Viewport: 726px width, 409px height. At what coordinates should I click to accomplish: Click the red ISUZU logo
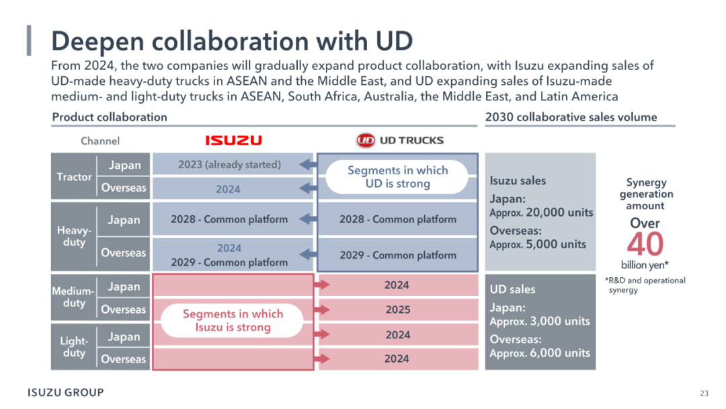coord(233,141)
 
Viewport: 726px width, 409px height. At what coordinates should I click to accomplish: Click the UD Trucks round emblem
coord(365,141)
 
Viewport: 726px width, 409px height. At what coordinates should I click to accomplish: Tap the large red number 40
coord(645,244)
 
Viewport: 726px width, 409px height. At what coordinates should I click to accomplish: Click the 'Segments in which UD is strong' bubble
coord(397,177)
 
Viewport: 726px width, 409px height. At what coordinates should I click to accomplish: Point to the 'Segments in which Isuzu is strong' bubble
coord(233,320)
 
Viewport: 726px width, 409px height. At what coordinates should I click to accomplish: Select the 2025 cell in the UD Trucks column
coord(398,309)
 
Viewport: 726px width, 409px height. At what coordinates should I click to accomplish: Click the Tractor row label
coord(74,176)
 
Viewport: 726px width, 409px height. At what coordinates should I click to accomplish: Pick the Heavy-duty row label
coord(74,236)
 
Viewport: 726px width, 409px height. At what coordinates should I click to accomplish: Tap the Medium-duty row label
coord(73,297)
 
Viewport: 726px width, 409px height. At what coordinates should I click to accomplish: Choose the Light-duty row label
coord(74,347)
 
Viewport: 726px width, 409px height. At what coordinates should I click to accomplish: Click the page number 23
coord(704,394)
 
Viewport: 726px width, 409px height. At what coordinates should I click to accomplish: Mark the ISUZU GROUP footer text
coord(66,392)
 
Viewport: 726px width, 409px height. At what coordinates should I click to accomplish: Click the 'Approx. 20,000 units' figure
coord(541,213)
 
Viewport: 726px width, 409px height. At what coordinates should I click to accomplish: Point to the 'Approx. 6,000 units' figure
coord(540,353)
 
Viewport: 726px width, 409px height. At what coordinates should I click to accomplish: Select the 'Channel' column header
coord(100,141)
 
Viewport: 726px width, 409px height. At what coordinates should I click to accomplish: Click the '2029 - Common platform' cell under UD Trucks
coord(398,255)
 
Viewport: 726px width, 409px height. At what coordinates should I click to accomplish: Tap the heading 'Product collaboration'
coord(110,117)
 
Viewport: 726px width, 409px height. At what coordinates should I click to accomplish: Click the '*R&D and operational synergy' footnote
coord(645,285)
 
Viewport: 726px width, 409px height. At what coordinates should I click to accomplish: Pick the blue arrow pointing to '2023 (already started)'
coord(308,164)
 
